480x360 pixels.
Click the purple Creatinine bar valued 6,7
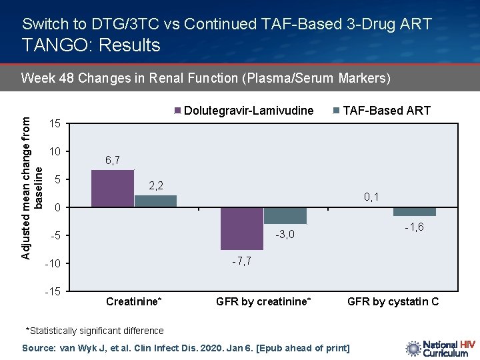tap(112, 189)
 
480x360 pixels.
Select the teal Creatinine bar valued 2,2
tap(155, 201)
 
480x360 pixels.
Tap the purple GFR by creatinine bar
tap(242, 229)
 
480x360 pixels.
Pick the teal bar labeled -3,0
tap(285, 215)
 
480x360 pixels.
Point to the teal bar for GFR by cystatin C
tap(414, 212)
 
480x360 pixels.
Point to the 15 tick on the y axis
tap(55, 124)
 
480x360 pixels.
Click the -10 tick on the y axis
tap(53, 264)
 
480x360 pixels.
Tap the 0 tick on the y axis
tap(58, 208)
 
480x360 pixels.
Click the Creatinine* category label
tap(133, 302)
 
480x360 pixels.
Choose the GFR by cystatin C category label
tap(393, 302)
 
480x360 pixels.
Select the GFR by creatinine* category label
tap(263, 302)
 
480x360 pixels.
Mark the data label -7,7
tap(241, 261)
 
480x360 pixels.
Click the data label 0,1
tap(371, 197)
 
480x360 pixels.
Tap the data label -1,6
tap(414, 228)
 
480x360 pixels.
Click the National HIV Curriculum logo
tap(440, 349)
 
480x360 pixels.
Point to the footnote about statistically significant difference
tap(94, 331)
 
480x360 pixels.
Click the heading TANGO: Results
tap(91, 45)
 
